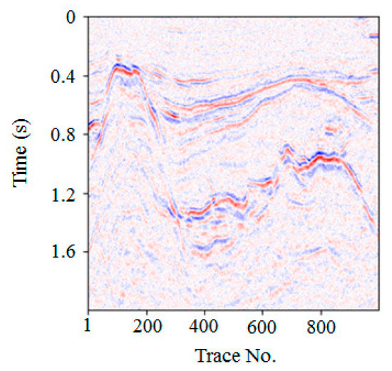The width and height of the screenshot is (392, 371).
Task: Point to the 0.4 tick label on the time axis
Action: tap(63, 76)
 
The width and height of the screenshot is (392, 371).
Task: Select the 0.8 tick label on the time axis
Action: tap(63, 134)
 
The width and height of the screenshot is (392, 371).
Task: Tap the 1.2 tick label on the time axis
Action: tap(63, 193)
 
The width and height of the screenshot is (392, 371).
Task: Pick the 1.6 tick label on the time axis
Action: tap(63, 252)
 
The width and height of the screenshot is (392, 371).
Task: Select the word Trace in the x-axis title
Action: tap(212, 354)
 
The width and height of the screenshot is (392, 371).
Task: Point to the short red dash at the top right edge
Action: tap(373, 34)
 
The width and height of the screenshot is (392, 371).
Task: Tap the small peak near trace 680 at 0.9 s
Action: tap(287, 148)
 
